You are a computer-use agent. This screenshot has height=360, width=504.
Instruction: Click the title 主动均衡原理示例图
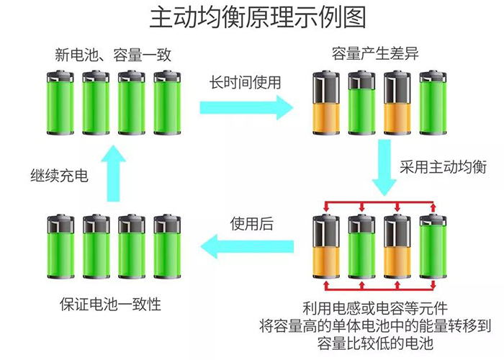pos(252,18)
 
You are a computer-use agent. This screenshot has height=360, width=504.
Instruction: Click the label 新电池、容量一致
pos(114,55)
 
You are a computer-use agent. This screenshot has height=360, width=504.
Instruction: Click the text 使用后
pos(251,224)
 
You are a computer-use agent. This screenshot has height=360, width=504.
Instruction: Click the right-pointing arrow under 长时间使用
pos(246,108)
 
